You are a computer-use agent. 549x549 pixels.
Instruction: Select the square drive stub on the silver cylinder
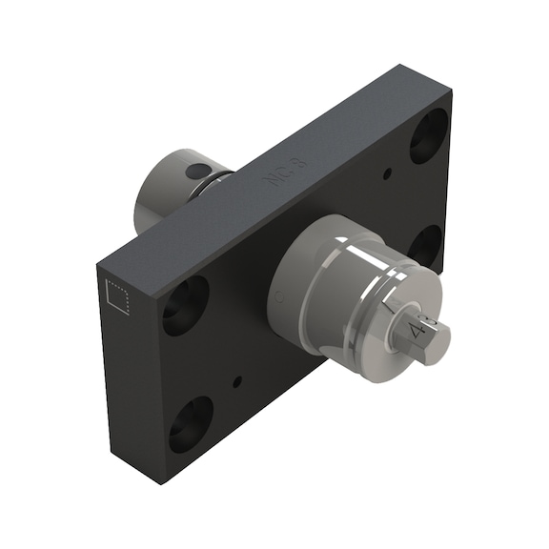point(425,333)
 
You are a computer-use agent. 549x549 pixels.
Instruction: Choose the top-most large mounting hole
point(429,134)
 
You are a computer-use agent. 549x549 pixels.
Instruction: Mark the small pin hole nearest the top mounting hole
point(387,174)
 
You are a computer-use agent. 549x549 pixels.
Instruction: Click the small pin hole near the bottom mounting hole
point(237,381)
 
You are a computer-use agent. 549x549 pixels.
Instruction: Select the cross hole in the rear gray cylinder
point(195,172)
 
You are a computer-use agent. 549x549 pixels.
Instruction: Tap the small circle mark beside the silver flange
point(277,299)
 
